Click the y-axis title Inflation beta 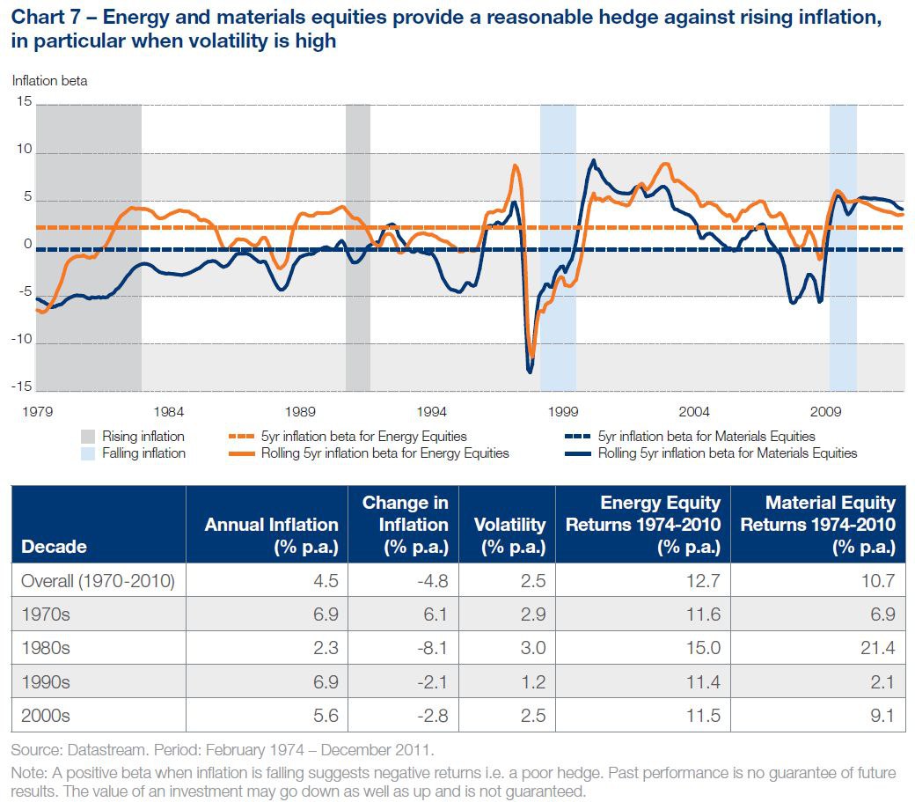[50, 81]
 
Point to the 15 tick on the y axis [24, 103]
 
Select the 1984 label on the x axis [168, 411]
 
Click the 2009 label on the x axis [825, 411]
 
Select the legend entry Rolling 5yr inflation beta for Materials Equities [727, 453]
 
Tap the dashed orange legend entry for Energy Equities [363, 437]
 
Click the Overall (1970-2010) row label [98, 581]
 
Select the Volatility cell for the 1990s [533, 682]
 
